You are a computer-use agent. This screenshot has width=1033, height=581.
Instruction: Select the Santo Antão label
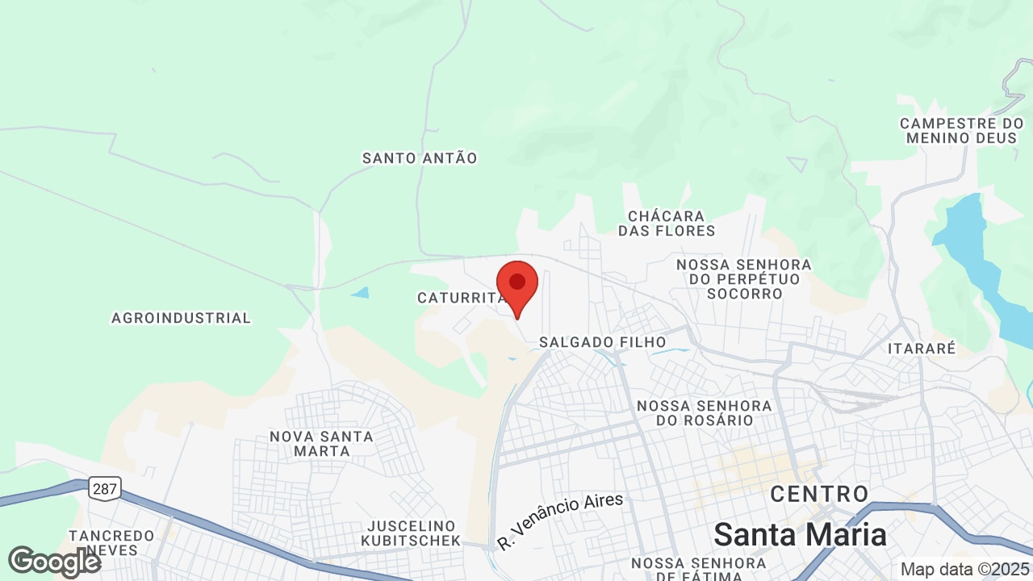420,158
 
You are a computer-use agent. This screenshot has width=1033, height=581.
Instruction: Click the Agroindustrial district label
181,318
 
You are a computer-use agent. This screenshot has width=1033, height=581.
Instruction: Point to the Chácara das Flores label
667,224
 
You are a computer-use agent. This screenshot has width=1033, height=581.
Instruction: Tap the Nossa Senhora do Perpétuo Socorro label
744,279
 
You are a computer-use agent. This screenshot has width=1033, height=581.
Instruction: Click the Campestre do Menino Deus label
962,131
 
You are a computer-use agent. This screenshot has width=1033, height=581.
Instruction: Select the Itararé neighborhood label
921,349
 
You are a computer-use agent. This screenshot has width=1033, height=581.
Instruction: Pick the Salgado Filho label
603,342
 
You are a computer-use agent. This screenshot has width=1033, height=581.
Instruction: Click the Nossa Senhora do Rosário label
705,412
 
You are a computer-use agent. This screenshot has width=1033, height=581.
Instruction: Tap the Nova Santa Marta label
321,443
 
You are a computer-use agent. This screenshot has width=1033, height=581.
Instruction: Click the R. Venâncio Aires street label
561,520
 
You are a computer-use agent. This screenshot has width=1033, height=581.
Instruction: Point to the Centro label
819,494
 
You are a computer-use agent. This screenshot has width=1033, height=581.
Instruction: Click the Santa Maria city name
800,534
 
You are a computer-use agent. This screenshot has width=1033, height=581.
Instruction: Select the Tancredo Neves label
111,542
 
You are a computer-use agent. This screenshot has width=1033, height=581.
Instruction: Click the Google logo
55,562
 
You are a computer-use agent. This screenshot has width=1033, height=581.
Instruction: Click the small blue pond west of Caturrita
360,292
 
